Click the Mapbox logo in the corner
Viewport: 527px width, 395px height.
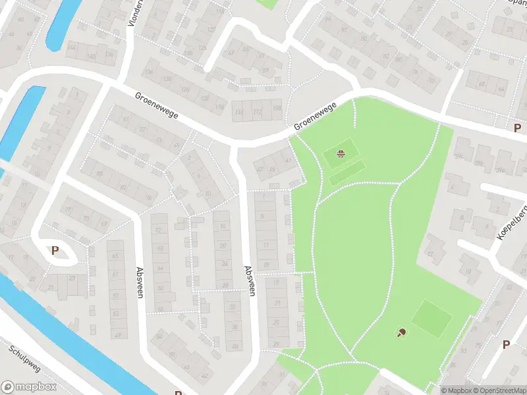click(x=29, y=387)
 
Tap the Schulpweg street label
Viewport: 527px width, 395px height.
click(x=26, y=359)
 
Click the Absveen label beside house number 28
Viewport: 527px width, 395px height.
click(x=249, y=279)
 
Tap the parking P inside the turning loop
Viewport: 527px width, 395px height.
click(x=55, y=250)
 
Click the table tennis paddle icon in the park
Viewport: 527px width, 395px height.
click(x=401, y=332)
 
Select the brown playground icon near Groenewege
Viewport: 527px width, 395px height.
click(x=341, y=154)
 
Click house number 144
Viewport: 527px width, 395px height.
click(x=72, y=48)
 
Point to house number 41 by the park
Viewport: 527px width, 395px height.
click(x=288, y=160)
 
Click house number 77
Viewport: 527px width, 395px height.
click(x=67, y=211)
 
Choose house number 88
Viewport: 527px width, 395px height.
click(x=100, y=174)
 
